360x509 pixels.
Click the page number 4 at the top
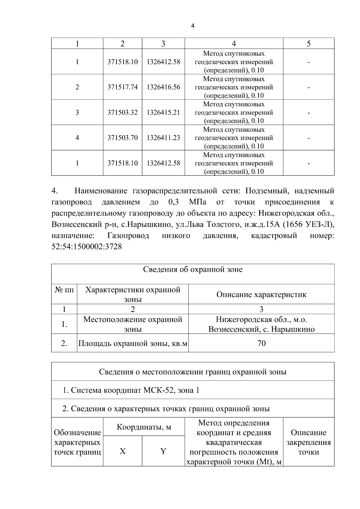point(193,26)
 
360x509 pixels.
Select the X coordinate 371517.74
point(122,87)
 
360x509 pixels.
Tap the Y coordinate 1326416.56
point(163,87)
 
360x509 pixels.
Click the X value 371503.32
point(122,112)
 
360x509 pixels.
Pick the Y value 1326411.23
point(163,138)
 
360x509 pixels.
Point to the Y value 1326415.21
point(163,112)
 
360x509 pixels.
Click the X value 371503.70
point(122,138)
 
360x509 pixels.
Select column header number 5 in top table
point(308,44)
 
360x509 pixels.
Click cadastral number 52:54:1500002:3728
point(87,247)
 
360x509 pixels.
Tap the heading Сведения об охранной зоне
point(193,269)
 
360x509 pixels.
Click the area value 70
point(261,343)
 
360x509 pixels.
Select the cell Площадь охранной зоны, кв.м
point(133,343)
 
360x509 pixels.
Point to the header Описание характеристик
point(261,295)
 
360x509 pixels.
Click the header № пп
point(64,290)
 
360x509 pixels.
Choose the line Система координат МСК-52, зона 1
point(131,390)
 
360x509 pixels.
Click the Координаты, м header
point(144,427)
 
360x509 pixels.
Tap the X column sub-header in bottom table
point(122,451)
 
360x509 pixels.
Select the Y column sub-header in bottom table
point(163,451)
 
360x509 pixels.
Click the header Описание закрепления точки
point(308,442)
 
